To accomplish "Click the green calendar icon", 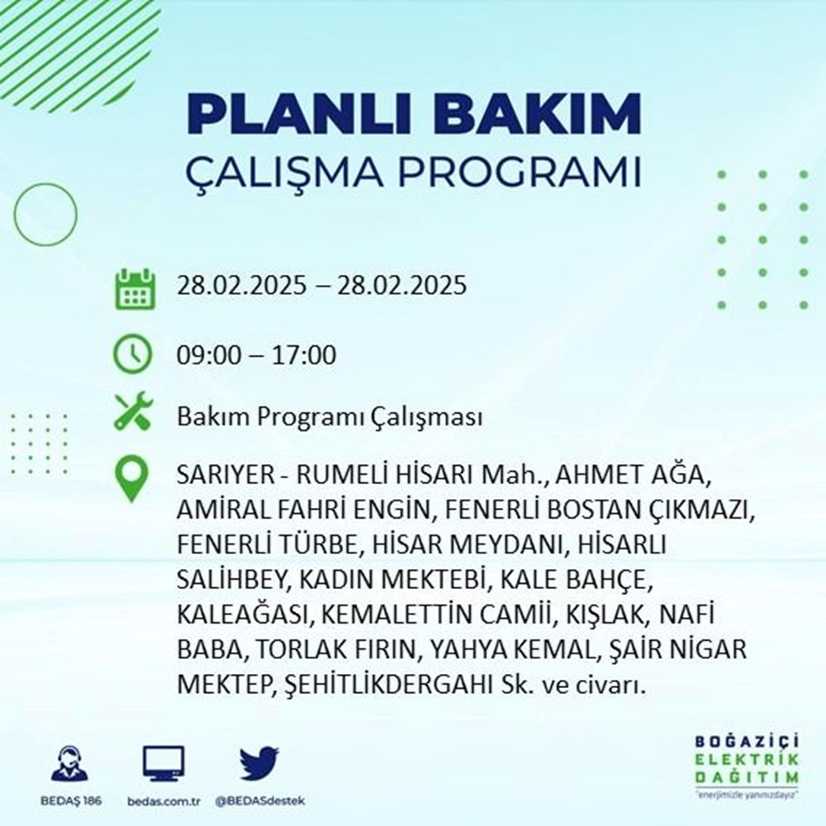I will click(134, 288).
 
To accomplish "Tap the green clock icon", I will click(133, 355).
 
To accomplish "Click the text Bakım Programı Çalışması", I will click(329, 417).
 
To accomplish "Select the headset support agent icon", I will click(70, 764).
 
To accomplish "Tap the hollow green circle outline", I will click(45, 215).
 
